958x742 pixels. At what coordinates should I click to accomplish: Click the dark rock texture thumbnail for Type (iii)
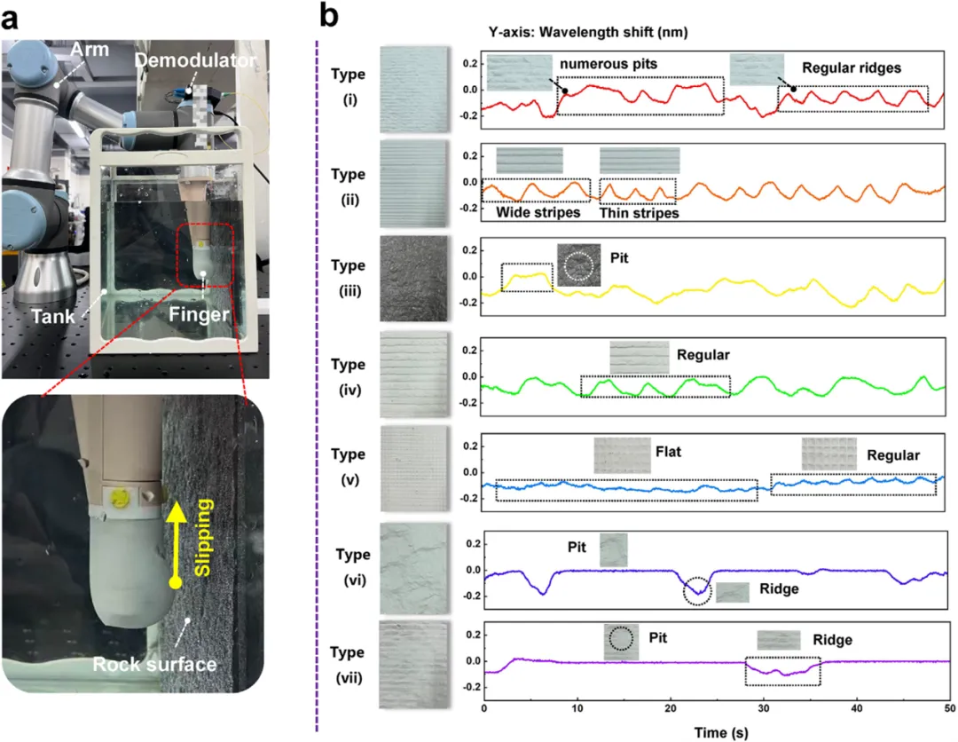(x=412, y=277)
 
